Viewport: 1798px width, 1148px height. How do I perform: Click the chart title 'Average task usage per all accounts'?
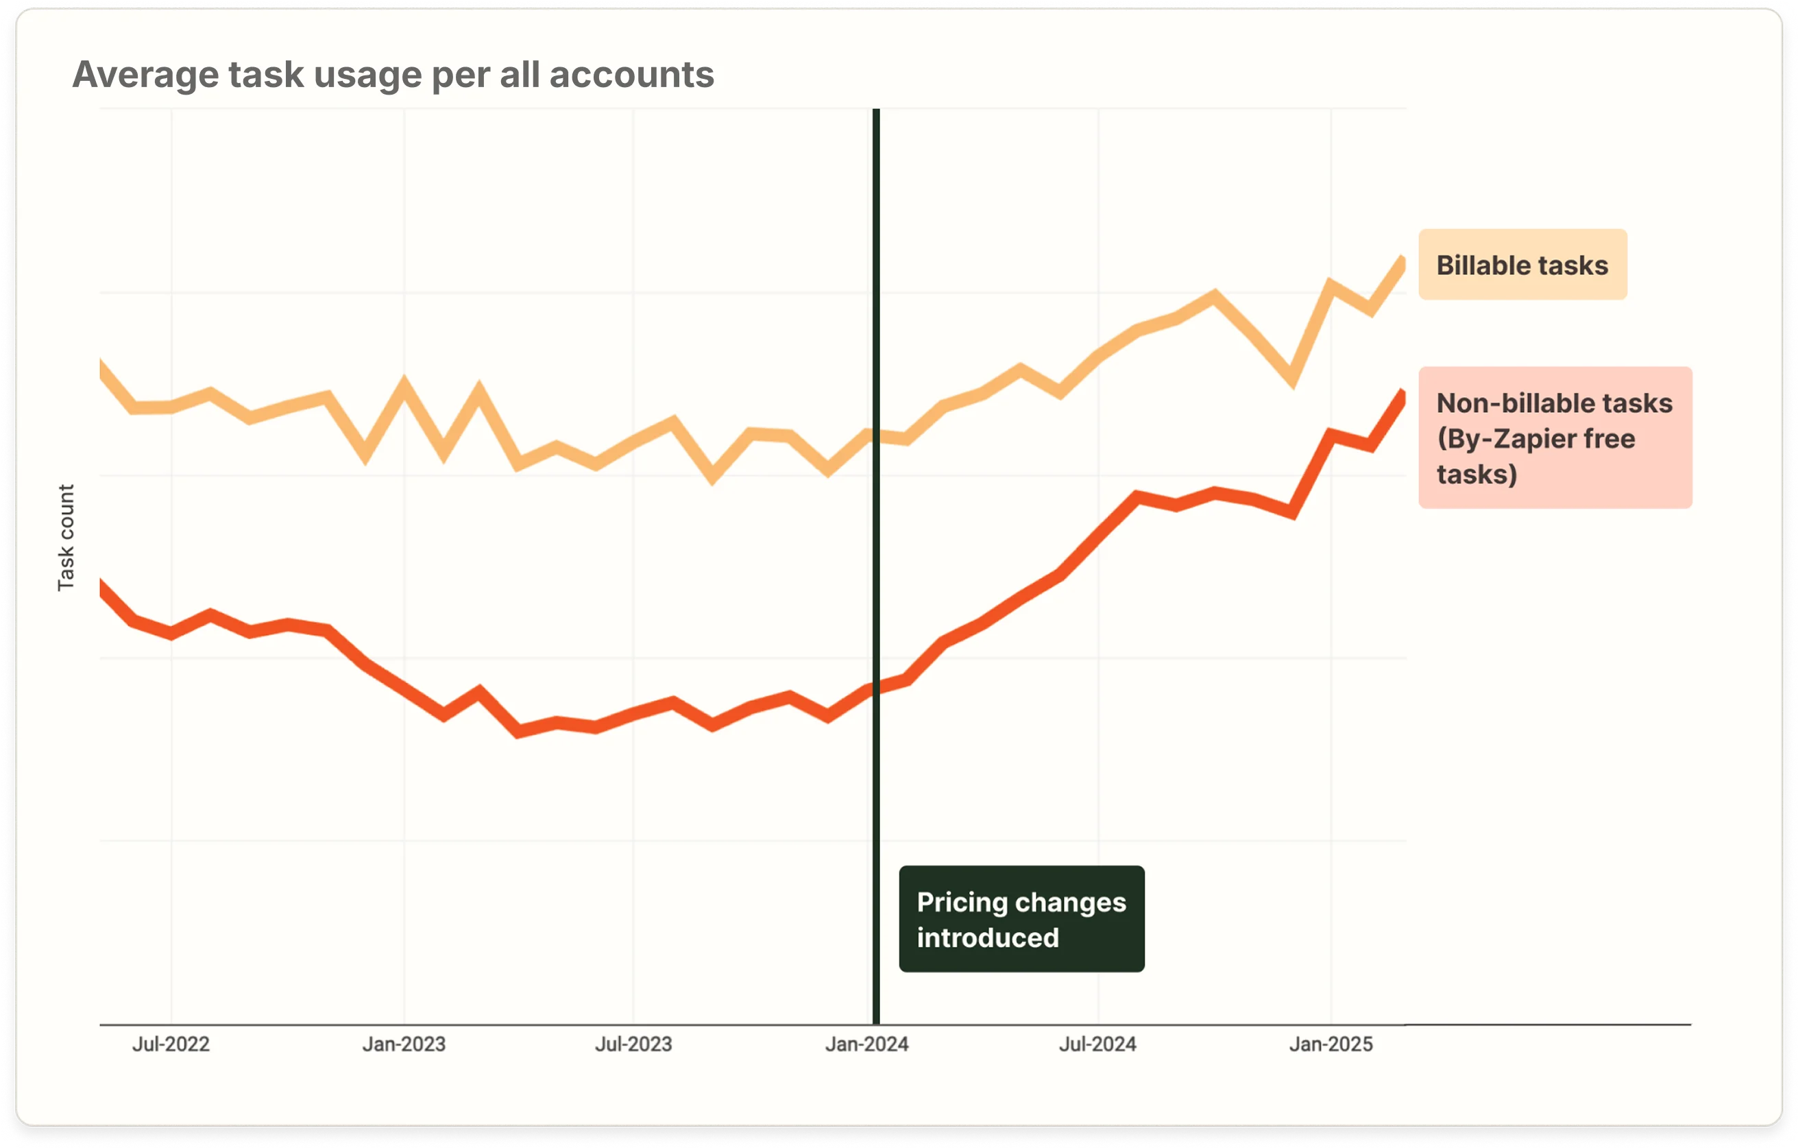[x=393, y=75]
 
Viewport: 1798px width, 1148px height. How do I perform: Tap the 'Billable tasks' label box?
[x=1522, y=265]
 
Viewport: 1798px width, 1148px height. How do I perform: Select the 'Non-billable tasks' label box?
[x=1555, y=438]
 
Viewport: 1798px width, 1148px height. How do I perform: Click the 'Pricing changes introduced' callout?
[x=1021, y=919]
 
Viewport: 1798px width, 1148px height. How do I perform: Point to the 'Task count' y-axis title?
[x=66, y=537]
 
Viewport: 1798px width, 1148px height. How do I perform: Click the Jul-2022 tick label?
[x=171, y=1044]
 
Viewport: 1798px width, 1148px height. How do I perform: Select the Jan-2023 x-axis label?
[x=404, y=1044]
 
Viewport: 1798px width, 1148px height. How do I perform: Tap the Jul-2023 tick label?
[x=633, y=1044]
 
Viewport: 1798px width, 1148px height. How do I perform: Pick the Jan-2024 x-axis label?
[x=866, y=1044]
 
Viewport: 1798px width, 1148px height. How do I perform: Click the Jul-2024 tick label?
[x=1097, y=1044]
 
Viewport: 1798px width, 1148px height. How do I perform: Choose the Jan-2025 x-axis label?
[x=1331, y=1044]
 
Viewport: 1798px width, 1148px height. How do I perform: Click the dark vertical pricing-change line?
[x=876, y=568]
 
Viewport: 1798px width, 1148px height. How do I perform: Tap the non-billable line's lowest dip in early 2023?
[x=519, y=731]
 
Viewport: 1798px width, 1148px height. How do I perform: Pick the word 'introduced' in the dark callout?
[x=988, y=937]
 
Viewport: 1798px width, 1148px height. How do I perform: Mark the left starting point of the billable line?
[x=101, y=364]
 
